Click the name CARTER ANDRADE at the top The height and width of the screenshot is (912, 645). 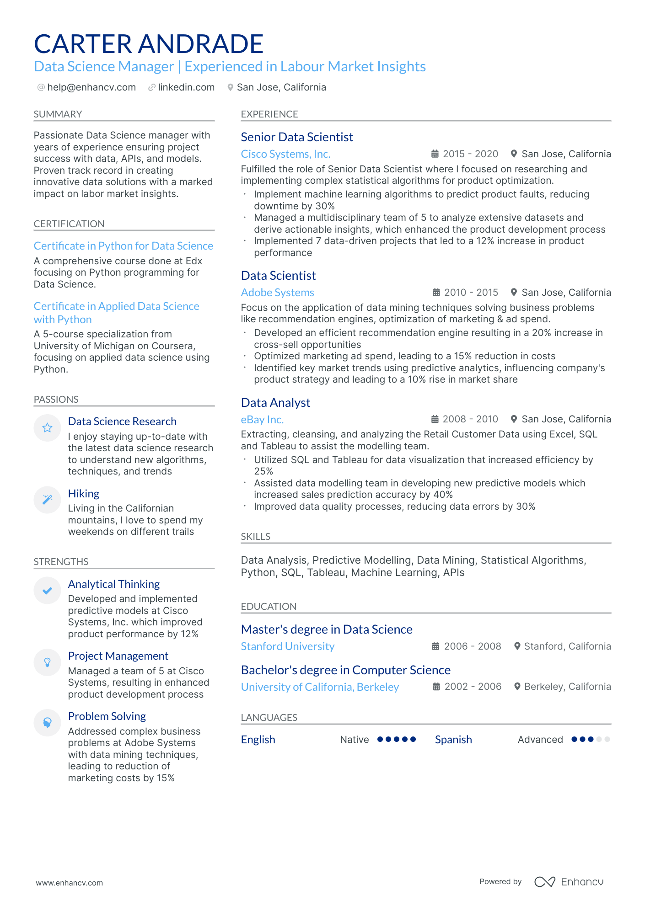coord(149,44)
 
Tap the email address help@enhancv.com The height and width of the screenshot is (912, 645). coord(91,87)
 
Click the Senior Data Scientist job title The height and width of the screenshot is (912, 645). coord(297,137)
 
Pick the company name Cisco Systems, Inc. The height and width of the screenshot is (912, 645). coord(285,154)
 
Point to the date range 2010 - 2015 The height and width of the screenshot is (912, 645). coord(471,293)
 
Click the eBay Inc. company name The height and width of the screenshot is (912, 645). coord(262,420)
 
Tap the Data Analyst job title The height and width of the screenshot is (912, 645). coord(275,403)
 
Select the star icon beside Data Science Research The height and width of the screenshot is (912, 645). coord(47,428)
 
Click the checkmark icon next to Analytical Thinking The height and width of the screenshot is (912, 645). coord(47,591)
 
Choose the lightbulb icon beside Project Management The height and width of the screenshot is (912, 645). coord(47,662)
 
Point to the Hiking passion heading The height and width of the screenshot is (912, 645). coord(84,494)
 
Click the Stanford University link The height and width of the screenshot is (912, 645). coord(287,646)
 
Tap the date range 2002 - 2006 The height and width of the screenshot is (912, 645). coord(473,687)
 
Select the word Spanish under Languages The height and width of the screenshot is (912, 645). coord(453,740)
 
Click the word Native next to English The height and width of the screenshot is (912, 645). coord(354,740)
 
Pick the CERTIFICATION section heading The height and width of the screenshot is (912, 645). coord(69,224)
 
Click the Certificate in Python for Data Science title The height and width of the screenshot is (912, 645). coord(124,246)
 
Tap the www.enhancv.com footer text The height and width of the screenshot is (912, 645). coord(70,883)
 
